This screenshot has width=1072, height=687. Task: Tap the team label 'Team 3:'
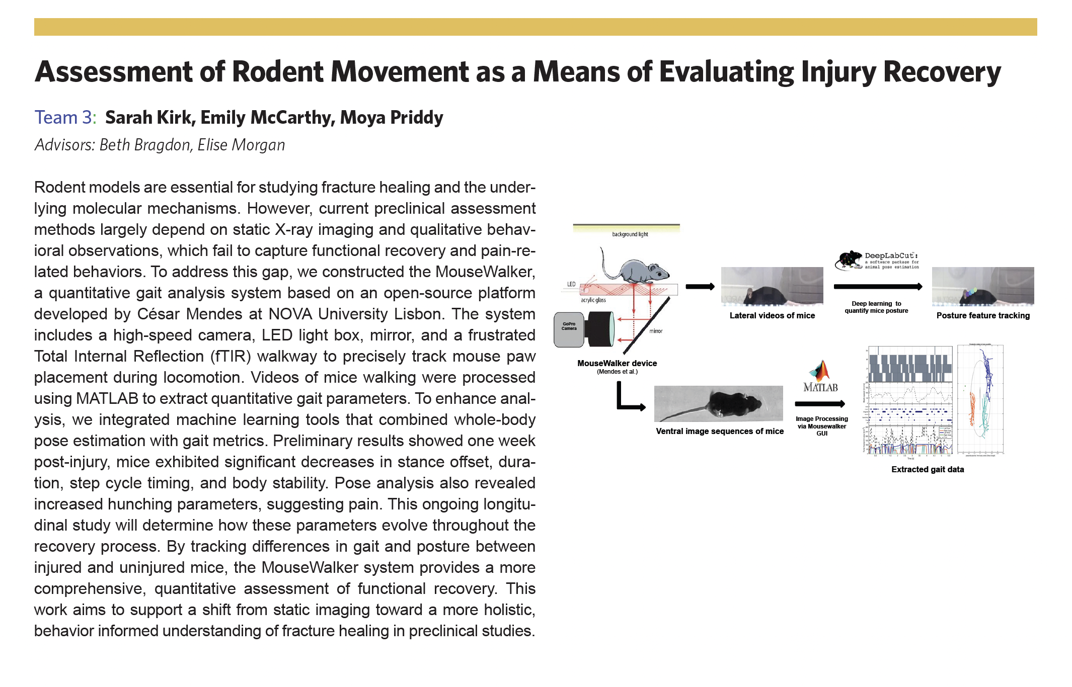pos(65,118)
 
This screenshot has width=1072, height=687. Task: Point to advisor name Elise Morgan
pos(241,145)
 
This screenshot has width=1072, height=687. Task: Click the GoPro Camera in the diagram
pos(569,329)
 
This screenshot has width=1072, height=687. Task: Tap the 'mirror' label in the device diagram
pos(656,331)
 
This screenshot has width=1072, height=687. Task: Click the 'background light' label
pos(630,234)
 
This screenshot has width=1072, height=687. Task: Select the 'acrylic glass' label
pos(593,300)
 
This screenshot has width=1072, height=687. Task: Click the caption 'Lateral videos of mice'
pos(772,316)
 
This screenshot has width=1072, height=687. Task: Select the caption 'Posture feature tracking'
pos(983,316)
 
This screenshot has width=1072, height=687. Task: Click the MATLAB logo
pos(820,377)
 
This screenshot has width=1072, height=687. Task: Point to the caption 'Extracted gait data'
pos(928,469)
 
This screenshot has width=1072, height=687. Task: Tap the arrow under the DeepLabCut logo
pos(878,287)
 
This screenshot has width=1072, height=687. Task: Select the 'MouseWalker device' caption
pos(617,363)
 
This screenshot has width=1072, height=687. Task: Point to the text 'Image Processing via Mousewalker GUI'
pos(821,426)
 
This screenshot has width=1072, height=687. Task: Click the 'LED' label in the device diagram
pos(571,284)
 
